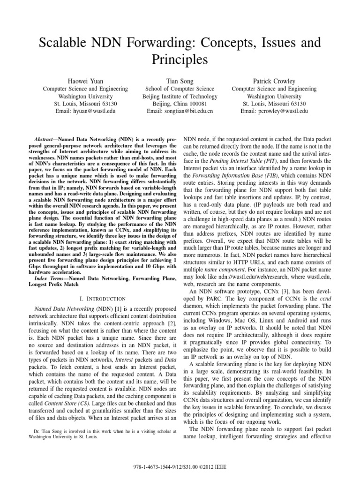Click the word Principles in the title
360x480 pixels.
tap(180, 60)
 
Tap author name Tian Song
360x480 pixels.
tap(180, 80)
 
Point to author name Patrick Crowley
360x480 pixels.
tap(274, 80)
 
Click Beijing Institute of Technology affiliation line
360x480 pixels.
tap(180, 96)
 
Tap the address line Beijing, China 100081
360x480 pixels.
tap(180, 104)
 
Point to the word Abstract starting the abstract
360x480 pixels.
tap(48, 140)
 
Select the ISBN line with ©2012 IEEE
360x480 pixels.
tap(180, 468)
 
